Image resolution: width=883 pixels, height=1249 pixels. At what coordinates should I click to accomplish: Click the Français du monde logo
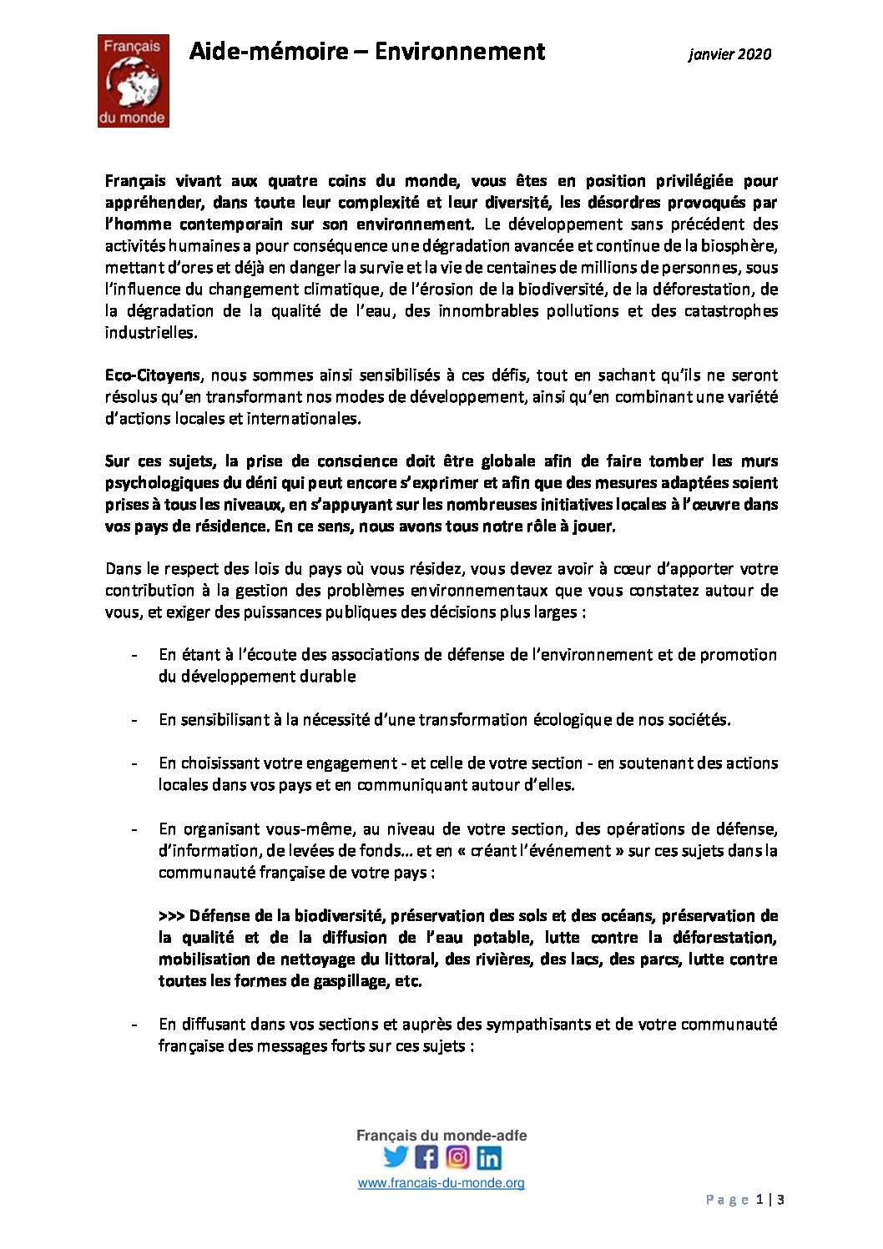pyautogui.click(x=134, y=81)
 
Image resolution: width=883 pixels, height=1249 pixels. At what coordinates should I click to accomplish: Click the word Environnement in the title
pyautogui.click(x=459, y=52)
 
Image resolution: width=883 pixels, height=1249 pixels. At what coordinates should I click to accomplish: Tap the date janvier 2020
pyautogui.click(x=729, y=54)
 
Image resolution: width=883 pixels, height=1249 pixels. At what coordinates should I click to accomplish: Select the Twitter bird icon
pyautogui.click(x=396, y=1156)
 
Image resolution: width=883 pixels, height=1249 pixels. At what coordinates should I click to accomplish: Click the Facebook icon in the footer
pyautogui.click(x=426, y=1157)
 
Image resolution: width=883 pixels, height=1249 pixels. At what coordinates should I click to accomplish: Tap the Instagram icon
pyautogui.click(x=457, y=1157)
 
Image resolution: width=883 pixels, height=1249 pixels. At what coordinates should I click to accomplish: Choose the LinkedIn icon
pyautogui.click(x=489, y=1157)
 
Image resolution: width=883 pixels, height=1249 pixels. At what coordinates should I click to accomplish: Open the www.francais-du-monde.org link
pyautogui.click(x=441, y=1183)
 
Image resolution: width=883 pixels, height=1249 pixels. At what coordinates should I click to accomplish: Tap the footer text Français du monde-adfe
pyautogui.click(x=441, y=1136)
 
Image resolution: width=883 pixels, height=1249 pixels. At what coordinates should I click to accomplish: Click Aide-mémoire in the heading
pyautogui.click(x=268, y=52)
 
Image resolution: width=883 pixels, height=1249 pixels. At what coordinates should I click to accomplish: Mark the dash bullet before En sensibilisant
pyautogui.click(x=134, y=720)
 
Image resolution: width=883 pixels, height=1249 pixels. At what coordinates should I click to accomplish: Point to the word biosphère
pyautogui.click(x=741, y=246)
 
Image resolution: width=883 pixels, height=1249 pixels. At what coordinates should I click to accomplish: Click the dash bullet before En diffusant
pyautogui.click(x=134, y=1025)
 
